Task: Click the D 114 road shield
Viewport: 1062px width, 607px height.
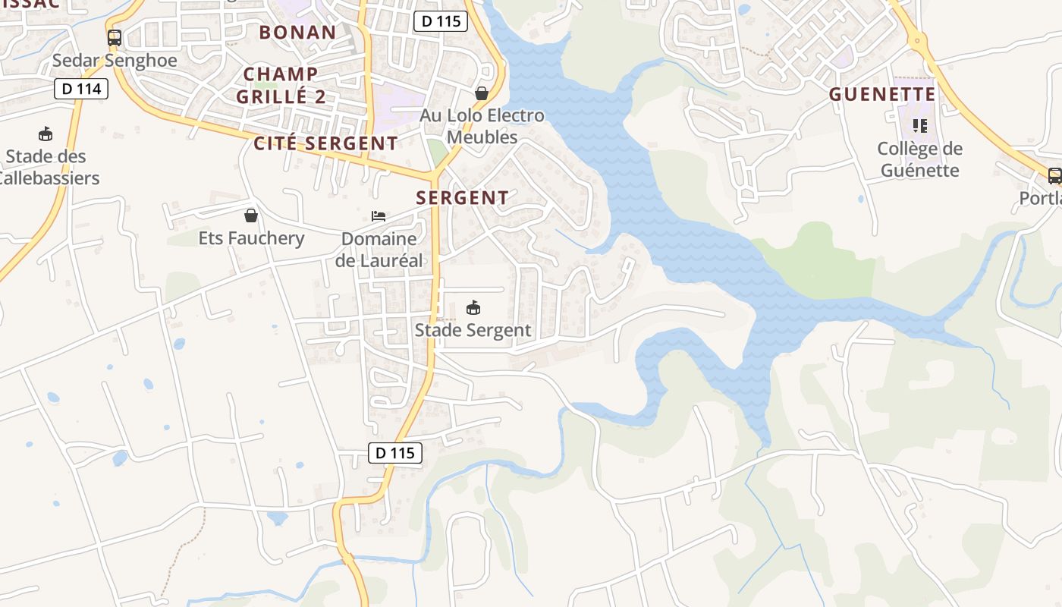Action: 81,89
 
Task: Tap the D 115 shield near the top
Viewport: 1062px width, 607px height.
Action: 441,21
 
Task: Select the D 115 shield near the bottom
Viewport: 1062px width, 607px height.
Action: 395,453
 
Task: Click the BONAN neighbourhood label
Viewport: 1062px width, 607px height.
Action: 297,32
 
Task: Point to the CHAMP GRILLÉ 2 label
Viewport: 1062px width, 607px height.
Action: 281,85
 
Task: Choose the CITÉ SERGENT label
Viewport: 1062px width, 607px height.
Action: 325,143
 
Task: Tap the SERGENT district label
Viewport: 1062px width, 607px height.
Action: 462,198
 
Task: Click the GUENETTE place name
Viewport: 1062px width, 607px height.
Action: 882,94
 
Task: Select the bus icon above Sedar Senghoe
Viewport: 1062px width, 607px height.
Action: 115,38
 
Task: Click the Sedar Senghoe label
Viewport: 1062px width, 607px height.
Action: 115,61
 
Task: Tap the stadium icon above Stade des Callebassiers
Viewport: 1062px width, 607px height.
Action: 46,134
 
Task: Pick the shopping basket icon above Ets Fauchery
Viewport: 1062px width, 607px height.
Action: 251,215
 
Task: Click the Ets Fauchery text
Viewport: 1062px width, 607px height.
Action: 251,238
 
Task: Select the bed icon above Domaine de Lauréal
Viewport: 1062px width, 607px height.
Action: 379,216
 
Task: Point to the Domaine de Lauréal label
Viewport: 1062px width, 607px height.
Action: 379,250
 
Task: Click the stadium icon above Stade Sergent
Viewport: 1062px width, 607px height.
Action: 473,307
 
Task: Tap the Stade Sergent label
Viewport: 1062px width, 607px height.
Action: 473,330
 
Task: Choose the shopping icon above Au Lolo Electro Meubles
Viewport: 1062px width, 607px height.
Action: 482,93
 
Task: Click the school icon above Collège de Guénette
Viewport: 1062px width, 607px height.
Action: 920,125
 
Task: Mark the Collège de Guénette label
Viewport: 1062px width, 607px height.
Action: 920,159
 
